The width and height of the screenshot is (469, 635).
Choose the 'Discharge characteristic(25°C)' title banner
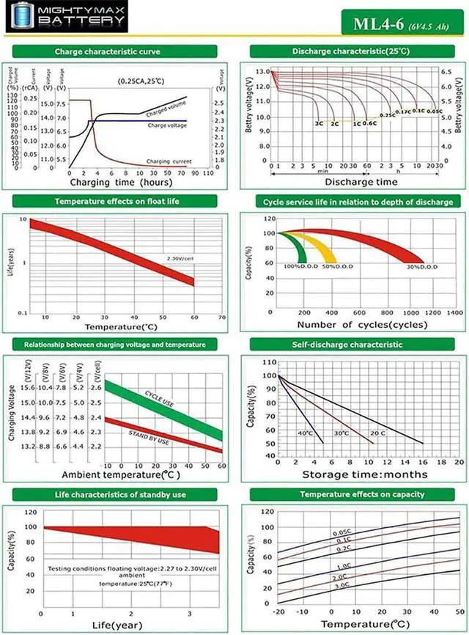[351, 51]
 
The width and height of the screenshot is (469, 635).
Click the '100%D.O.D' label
[298, 265]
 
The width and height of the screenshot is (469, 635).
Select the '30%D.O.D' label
[422, 266]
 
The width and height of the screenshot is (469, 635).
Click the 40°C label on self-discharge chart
[305, 433]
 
